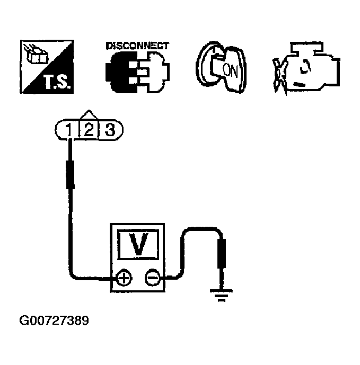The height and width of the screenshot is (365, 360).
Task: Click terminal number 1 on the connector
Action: coord(68,130)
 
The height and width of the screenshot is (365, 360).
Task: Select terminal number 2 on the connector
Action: coord(89,130)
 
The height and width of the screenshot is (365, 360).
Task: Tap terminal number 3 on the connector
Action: coord(109,130)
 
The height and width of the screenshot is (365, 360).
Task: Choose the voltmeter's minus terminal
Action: coord(153,277)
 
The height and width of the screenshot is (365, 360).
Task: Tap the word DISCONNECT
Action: coord(137,46)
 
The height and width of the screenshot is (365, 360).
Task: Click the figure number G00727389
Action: coord(54,321)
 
